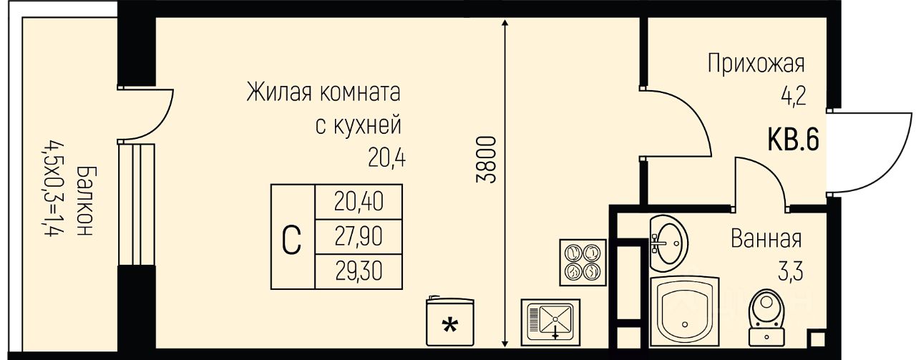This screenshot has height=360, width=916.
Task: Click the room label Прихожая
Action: (756, 64)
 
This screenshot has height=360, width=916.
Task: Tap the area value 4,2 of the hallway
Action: (794, 95)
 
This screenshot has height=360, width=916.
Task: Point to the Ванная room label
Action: (766, 238)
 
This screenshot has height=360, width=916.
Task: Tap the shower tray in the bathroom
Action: (684, 308)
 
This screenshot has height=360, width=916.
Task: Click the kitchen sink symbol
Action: (550, 319)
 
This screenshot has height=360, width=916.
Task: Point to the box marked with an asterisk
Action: (449, 322)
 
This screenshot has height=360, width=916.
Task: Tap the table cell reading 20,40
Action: (359, 203)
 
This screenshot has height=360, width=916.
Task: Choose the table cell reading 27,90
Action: (359, 236)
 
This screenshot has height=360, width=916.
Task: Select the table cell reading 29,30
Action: (359, 271)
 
